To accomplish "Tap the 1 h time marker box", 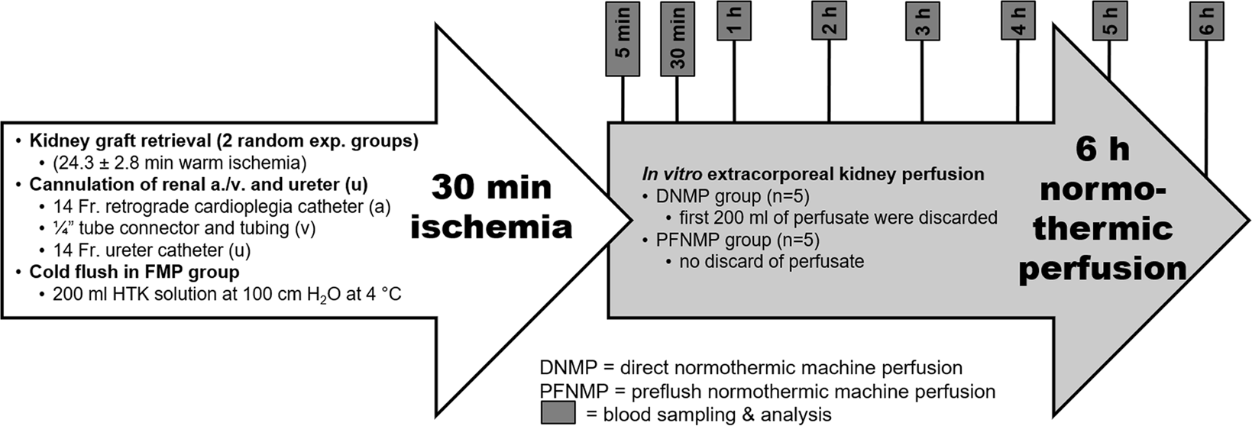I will (x=734, y=21).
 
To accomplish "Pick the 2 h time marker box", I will (x=830, y=21).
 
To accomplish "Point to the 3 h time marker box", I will (x=923, y=21).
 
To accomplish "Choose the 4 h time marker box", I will (x=1018, y=21).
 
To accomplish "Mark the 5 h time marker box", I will (x=1110, y=21).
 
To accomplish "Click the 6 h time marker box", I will (x=1206, y=21).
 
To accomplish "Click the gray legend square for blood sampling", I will (x=558, y=413).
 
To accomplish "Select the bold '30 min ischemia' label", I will (x=491, y=207).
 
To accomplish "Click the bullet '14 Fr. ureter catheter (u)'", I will (x=151, y=250).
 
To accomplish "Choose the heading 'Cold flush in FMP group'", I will (x=134, y=272).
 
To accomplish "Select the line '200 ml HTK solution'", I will (x=227, y=294).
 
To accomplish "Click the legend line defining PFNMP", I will (x=767, y=392).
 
